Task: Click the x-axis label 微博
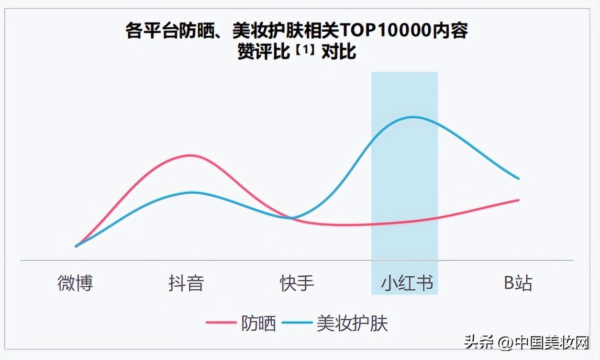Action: pyautogui.click(x=75, y=283)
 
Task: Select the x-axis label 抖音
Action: pyautogui.click(x=186, y=283)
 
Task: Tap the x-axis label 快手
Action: pyautogui.click(x=297, y=283)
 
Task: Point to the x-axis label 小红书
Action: pyautogui.click(x=407, y=283)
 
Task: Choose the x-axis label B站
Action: pyautogui.click(x=518, y=283)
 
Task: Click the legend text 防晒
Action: pyautogui.click(x=258, y=324)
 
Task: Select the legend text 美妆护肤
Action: pyautogui.click(x=352, y=324)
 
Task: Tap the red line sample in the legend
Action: pyautogui.click(x=221, y=323)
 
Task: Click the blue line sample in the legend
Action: pyautogui.click(x=297, y=323)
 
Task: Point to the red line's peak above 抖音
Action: pyautogui.click(x=190, y=156)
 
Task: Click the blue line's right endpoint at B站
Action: pyautogui.click(x=519, y=179)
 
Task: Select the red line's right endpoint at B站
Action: pyautogui.click(x=519, y=200)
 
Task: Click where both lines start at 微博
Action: pyautogui.click(x=76, y=246)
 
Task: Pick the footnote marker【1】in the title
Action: pyautogui.click(x=305, y=49)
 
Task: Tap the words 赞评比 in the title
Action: pyautogui.click(x=264, y=51)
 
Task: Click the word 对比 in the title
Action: pyautogui.click(x=339, y=51)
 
